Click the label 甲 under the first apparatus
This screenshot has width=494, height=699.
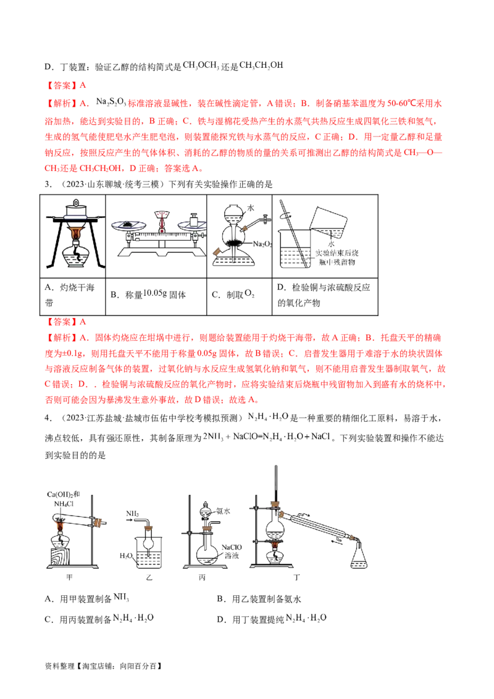pyautogui.click(x=69, y=577)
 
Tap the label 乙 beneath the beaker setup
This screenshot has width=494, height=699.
pyautogui.click(x=149, y=577)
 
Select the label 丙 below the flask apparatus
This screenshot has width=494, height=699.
pyautogui.click(x=202, y=577)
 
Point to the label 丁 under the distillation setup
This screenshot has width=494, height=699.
pyautogui.click(x=296, y=577)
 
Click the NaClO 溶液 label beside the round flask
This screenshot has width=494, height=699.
pyautogui.click(x=232, y=551)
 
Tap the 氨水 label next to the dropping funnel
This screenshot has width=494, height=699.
pyautogui.click(x=223, y=511)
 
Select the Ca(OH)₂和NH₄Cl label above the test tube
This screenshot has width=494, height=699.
pyautogui.click(x=64, y=499)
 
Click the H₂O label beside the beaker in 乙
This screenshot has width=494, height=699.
pyautogui.click(x=126, y=556)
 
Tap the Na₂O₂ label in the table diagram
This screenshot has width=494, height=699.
pyautogui.click(x=262, y=244)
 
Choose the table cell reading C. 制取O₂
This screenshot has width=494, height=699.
pyautogui.click(x=240, y=294)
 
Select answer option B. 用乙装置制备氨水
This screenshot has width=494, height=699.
pyautogui.click(x=259, y=599)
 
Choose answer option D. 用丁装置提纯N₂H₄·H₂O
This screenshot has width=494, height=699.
pyautogui.click(x=272, y=619)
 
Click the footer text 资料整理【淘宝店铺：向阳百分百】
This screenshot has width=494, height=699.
pyautogui.click(x=104, y=666)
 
